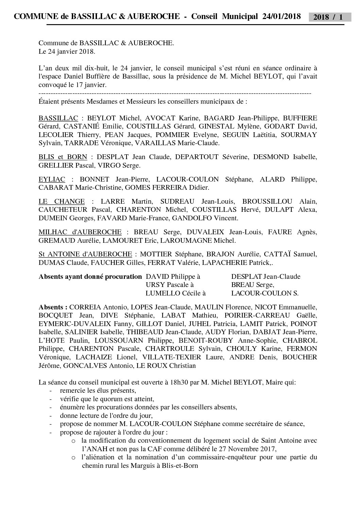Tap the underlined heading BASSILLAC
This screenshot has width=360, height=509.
click(58, 118)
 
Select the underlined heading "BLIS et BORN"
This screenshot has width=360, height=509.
click(63, 157)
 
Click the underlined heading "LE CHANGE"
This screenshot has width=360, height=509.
click(62, 202)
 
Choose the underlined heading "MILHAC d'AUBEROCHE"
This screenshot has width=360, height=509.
click(80, 232)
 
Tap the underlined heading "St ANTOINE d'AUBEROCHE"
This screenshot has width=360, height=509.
click(85, 254)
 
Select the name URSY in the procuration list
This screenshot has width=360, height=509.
click(155, 285)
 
